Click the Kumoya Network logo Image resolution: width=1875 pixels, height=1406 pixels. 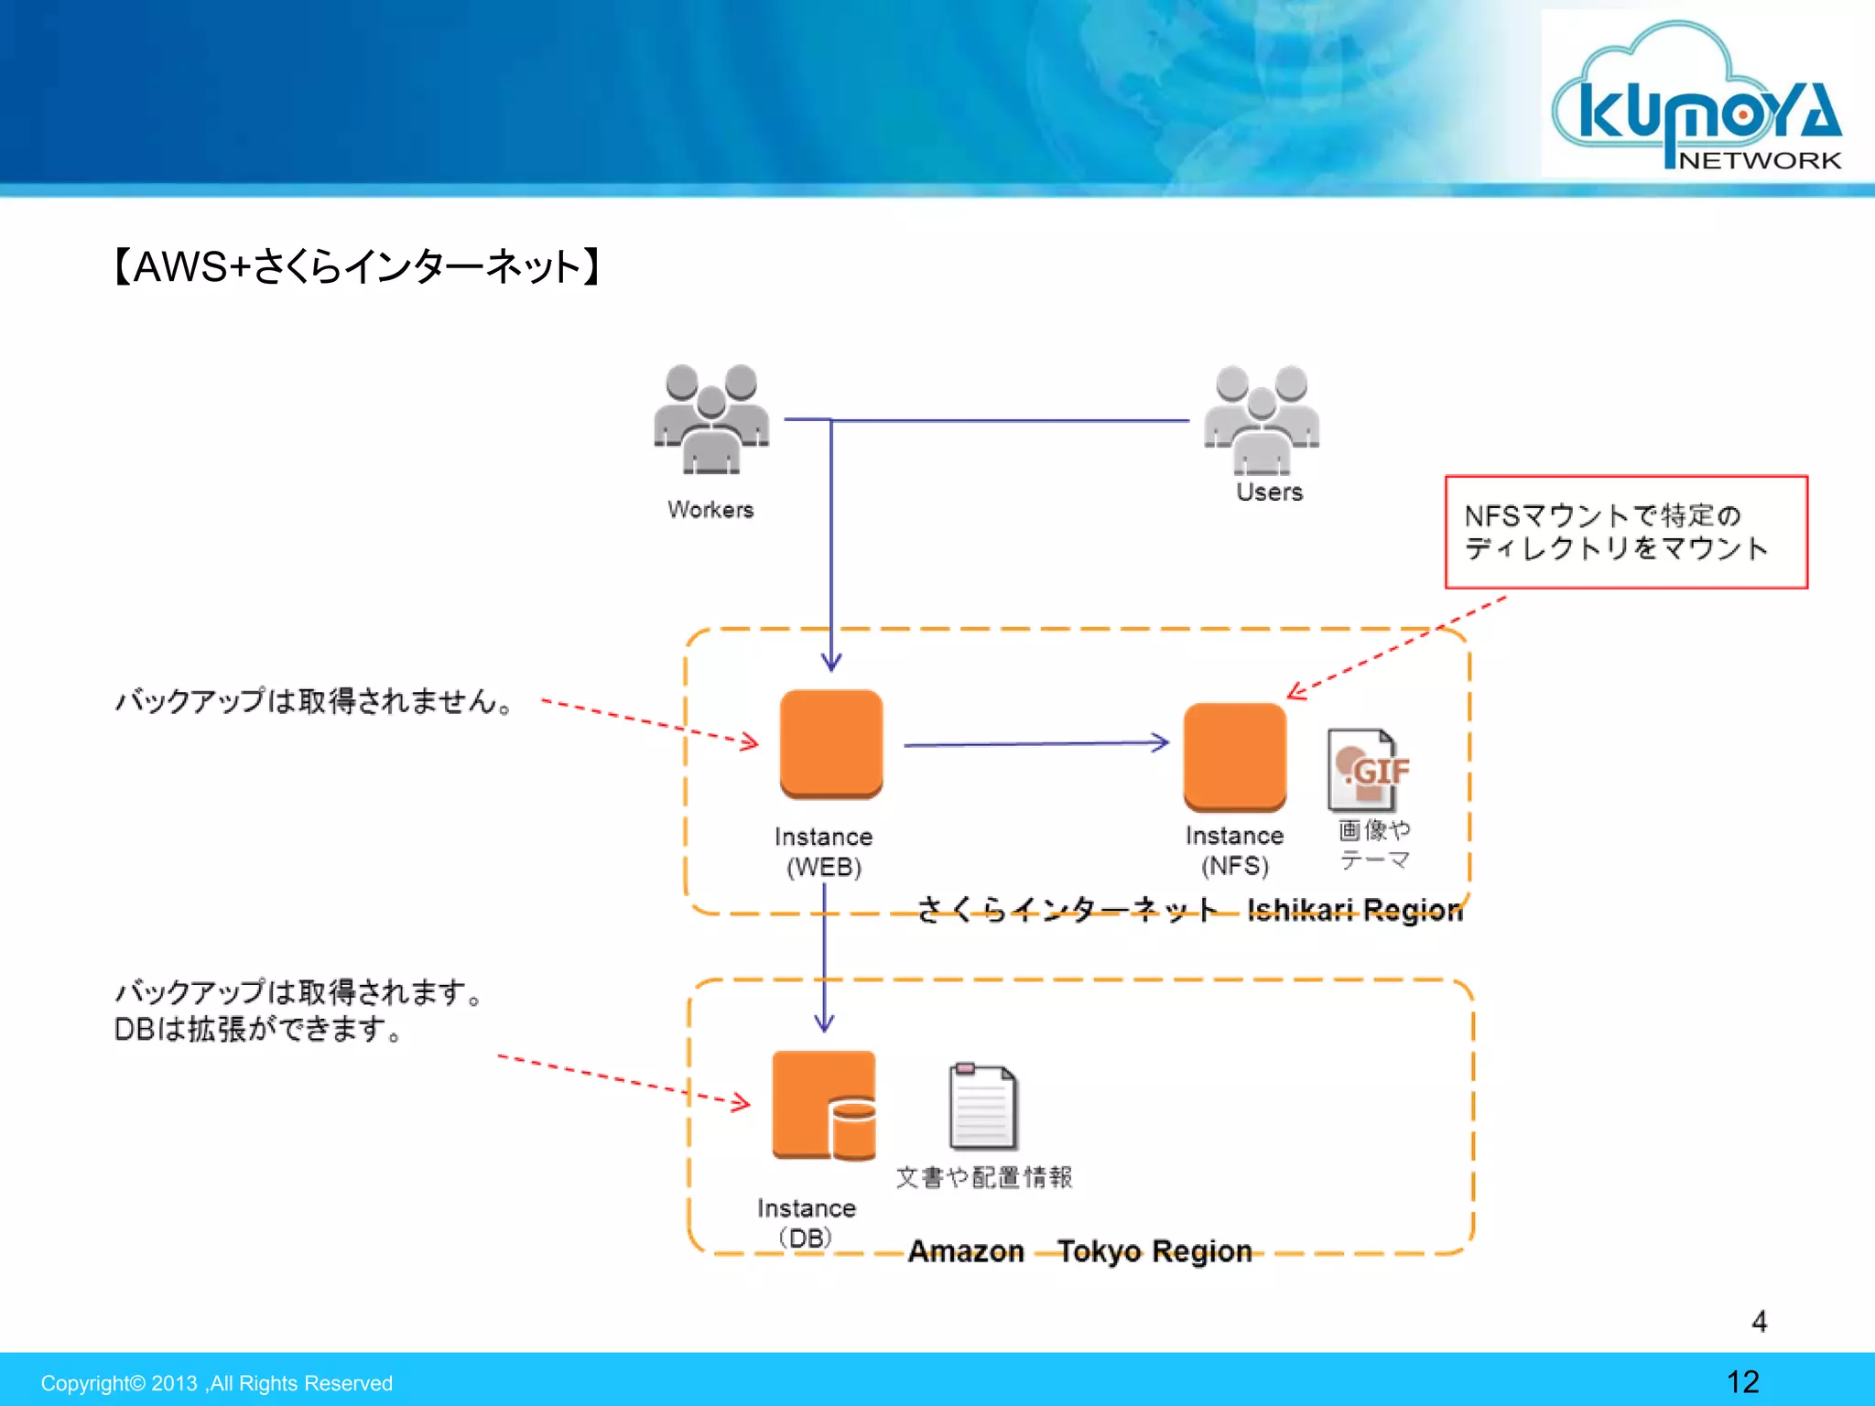pos(1699,96)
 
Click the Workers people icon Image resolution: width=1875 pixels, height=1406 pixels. pos(711,419)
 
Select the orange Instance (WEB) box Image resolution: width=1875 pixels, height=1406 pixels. pos(830,743)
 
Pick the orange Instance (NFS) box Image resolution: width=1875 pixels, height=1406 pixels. pos(1234,756)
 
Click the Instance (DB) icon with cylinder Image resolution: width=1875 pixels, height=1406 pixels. pos(823,1105)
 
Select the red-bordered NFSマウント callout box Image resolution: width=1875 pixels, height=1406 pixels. pos(1626,532)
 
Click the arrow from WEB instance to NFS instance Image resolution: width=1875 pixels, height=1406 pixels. pos(1035,744)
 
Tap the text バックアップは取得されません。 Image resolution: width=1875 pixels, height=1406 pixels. pos(314,701)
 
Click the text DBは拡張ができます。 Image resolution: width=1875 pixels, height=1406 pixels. pos(258,1030)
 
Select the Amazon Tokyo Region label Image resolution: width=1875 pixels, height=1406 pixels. pos(1079,1251)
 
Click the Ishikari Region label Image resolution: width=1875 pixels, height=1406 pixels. pos(1354,910)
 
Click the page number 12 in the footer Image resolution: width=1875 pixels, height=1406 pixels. pos(1742,1381)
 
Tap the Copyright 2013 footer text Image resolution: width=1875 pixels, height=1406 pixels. pos(216,1383)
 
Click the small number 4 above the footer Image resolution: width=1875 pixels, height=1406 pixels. pos(1759,1321)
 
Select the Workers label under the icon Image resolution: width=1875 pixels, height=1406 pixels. pos(710,510)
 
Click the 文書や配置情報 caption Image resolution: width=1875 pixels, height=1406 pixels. pos(983,1177)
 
